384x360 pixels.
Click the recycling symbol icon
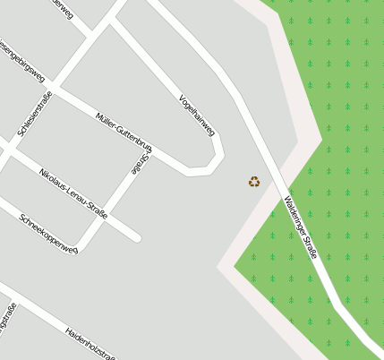pyautogui.click(x=254, y=182)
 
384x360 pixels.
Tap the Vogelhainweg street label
pyautogui.click(x=197, y=115)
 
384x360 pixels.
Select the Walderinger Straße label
pyautogui.click(x=300, y=227)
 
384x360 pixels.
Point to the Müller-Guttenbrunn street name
pyautogui.click(x=123, y=131)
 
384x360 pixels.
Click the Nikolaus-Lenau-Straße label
pyautogui.click(x=73, y=193)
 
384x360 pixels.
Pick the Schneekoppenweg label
pyautogui.click(x=48, y=233)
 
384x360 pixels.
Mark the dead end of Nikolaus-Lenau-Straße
pyautogui.click(x=137, y=238)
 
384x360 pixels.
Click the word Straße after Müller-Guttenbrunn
pyautogui.click(x=141, y=163)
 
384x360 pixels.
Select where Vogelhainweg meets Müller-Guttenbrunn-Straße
pyautogui.click(x=188, y=170)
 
